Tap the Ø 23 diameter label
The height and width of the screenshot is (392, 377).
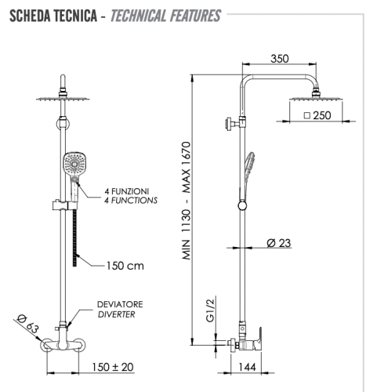pyautogui.click(x=279, y=243)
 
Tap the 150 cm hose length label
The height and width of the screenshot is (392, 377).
pyautogui.click(x=125, y=265)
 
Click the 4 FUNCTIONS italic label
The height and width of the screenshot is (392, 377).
pyautogui.click(x=131, y=201)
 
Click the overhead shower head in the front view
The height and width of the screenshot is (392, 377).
pyautogui.click(x=62, y=98)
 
